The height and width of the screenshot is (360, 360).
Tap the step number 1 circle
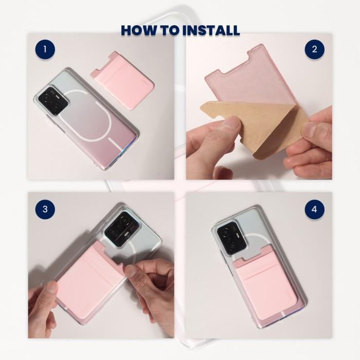click(46, 50)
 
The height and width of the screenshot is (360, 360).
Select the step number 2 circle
click(314, 50)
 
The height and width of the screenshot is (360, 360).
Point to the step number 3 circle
click(46, 209)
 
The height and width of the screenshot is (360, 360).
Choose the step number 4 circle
click(314, 209)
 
